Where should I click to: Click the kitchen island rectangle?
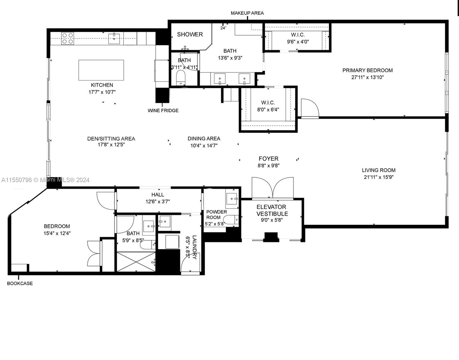(101, 70)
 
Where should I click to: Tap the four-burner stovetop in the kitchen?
(68, 38)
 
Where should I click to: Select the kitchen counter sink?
(114, 38)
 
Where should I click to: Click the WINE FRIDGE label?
(163, 110)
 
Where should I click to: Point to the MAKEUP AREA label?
(247, 13)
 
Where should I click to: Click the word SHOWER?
(190, 34)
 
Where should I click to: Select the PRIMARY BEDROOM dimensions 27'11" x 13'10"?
(367, 77)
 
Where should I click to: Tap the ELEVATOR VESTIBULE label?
(272, 210)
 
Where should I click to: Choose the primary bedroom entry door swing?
(310, 108)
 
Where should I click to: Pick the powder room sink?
(232, 199)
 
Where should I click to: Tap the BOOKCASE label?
(20, 283)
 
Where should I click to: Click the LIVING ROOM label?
(379, 170)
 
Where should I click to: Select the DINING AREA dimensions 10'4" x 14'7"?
(204, 145)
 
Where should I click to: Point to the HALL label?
(158, 195)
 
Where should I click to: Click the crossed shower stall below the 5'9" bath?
(136, 262)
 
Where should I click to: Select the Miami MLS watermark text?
(45, 180)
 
